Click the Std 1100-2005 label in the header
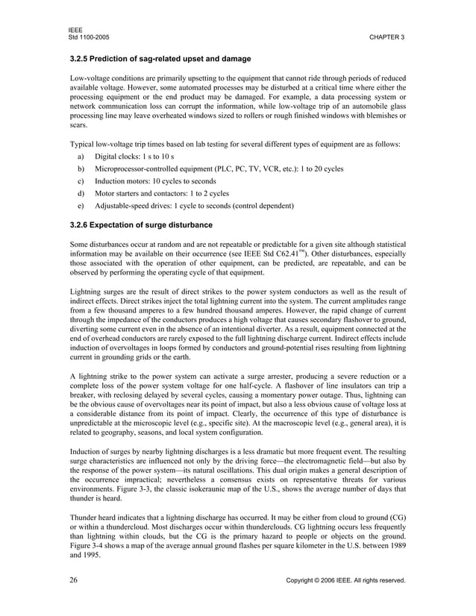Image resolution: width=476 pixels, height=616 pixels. coord(88,37)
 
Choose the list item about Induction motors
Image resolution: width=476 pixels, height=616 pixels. coord(155,180)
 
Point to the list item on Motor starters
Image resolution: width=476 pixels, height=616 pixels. coord(151,192)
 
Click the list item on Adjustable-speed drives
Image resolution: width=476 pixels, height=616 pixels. coord(195,205)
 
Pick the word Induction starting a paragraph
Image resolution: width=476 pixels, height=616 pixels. coord(89,451)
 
